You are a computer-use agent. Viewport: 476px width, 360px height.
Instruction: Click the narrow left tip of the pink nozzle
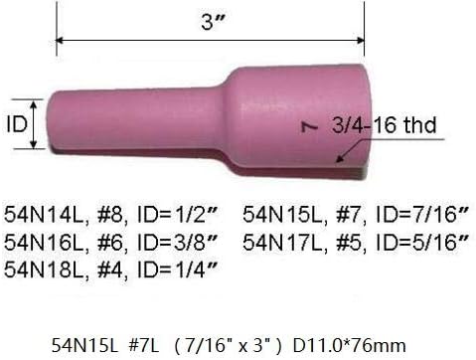[x=60, y=123]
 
